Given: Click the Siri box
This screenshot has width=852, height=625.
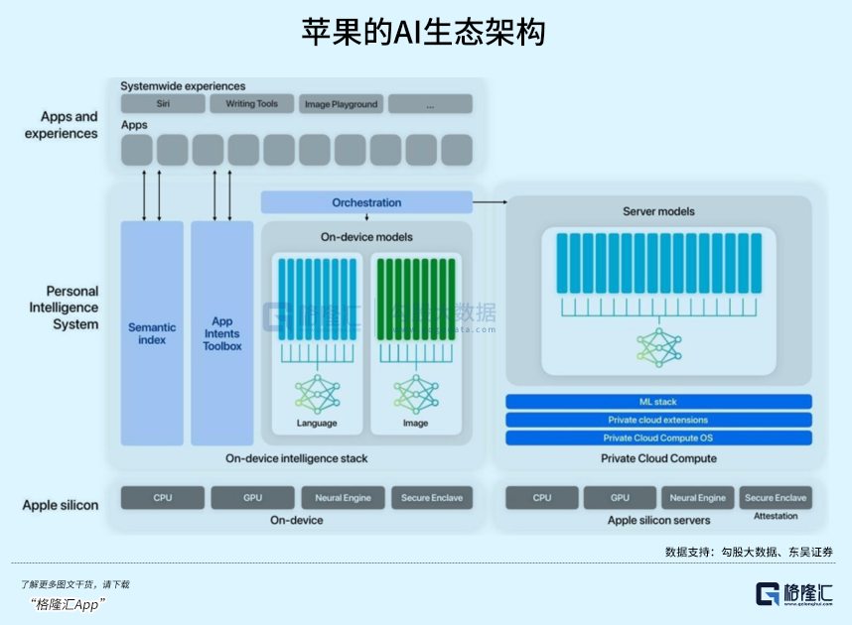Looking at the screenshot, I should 162,104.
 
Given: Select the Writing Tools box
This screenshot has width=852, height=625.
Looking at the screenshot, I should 252,104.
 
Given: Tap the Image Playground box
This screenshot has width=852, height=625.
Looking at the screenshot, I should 341,104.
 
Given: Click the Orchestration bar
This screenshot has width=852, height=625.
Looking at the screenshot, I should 366,202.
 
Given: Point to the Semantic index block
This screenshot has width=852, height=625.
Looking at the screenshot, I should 152,333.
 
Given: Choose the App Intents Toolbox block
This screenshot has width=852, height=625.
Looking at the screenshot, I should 222,333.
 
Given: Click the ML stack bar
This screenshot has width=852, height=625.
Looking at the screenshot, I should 658,402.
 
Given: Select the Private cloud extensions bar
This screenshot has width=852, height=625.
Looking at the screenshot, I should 658,420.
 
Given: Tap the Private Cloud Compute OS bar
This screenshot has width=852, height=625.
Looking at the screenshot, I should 658,437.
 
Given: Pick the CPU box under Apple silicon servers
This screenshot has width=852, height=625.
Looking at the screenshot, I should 542,498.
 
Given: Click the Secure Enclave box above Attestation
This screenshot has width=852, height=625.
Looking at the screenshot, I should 776,498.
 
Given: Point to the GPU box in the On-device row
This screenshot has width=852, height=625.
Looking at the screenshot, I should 252,498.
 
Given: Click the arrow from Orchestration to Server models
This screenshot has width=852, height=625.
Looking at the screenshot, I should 490,202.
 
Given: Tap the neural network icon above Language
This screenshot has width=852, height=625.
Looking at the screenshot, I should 317,394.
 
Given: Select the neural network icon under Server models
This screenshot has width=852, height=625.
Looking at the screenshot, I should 658,347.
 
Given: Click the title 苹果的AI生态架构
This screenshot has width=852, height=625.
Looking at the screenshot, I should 425,32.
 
